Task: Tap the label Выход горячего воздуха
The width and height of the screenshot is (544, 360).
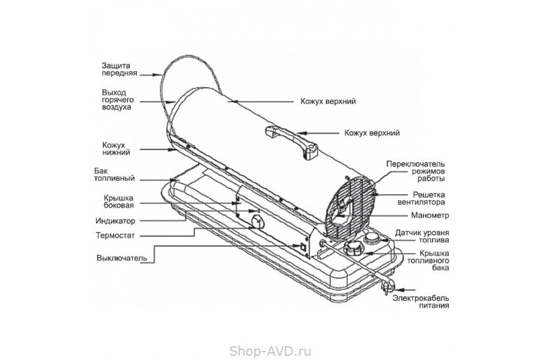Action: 117,100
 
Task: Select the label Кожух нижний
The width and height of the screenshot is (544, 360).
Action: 115,148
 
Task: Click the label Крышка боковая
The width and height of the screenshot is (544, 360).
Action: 118,201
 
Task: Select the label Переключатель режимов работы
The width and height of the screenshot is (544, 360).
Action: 416,171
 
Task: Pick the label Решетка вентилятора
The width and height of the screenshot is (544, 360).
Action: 420,198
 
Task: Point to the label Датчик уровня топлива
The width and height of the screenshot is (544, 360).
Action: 422,236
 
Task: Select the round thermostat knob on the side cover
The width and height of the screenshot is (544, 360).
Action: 257,223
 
